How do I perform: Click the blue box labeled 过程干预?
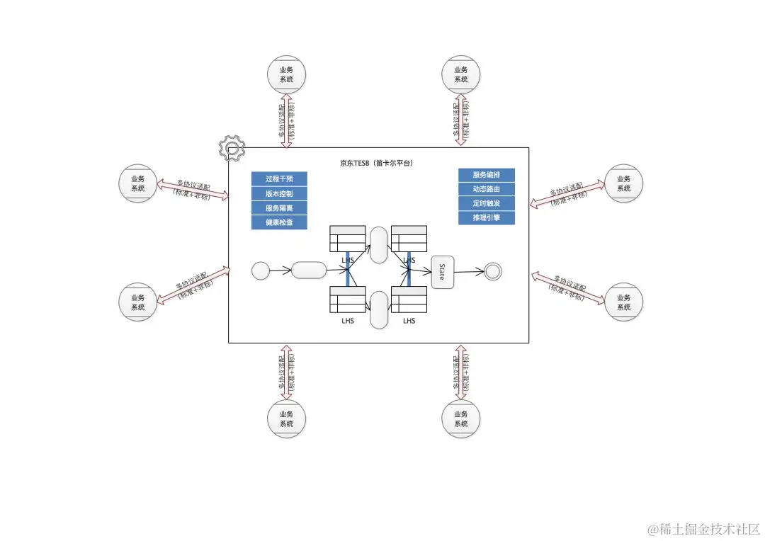coord(279,179)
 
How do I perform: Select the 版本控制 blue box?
coord(279,193)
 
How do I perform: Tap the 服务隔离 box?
coord(279,208)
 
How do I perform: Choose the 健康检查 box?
coord(279,222)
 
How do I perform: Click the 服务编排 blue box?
coord(486,175)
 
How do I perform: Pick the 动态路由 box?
coord(486,189)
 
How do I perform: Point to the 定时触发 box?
coord(486,203)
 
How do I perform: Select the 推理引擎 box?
coord(486,217)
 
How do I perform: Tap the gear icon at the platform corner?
coord(232,147)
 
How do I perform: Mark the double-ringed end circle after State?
coord(492,271)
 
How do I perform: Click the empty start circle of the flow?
coord(261,270)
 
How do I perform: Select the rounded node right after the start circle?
coord(308,270)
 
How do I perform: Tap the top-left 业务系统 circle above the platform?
coord(286,74)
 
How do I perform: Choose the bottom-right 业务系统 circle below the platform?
coord(460,418)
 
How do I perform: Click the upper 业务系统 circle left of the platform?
coord(137,183)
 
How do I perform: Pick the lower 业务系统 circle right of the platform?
coord(623,302)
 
